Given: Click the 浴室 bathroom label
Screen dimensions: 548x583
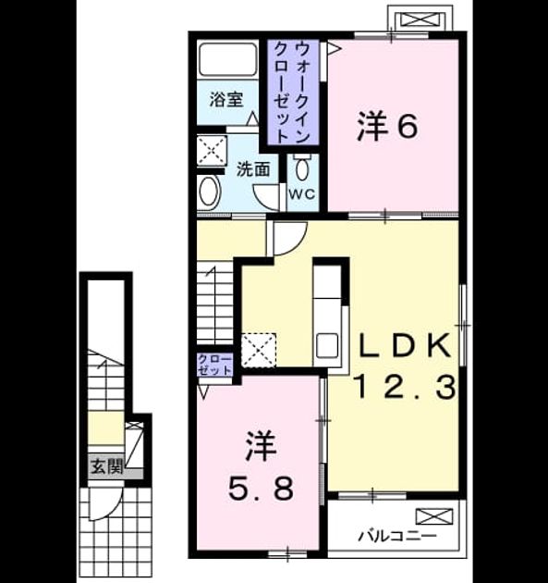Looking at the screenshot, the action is point(226,100).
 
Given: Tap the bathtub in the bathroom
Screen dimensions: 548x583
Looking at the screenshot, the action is point(228,60).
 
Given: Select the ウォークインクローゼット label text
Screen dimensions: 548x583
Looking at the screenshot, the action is point(293,93).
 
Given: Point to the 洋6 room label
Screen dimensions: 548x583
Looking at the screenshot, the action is point(387,127).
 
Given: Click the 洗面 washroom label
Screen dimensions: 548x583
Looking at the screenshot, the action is point(253,169).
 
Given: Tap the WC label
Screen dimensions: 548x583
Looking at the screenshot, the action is point(302,193).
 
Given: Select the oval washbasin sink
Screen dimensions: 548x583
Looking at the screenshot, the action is point(210,192).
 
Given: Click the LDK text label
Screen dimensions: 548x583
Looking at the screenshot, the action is point(405,346).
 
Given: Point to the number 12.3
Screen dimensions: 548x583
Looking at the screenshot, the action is point(406,387).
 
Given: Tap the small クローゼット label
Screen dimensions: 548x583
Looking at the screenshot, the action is point(215,365).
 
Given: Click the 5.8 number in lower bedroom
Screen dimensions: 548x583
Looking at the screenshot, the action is point(261,488).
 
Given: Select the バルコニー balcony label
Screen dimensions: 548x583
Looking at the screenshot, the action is point(397,536).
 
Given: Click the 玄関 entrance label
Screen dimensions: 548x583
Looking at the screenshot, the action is point(107,466).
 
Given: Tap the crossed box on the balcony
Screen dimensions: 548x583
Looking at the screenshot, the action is point(434,516).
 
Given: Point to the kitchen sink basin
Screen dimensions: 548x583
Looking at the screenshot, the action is point(327,346).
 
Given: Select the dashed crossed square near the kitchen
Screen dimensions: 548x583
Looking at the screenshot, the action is point(259,350).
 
